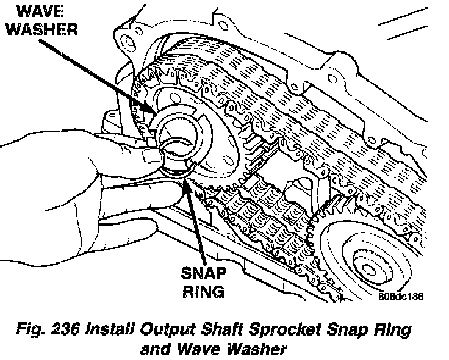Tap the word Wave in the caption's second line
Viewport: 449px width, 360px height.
[195, 350]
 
